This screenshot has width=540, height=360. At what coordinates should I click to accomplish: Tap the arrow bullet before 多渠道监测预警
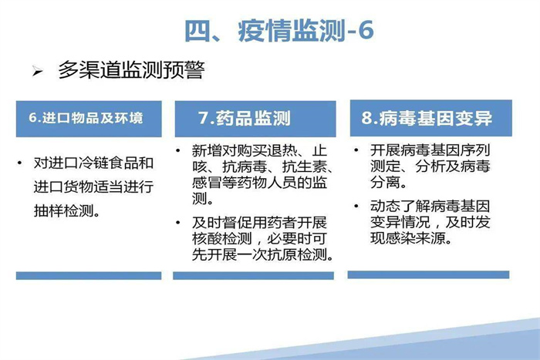(37, 72)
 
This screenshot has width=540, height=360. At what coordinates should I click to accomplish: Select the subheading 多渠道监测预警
(131, 70)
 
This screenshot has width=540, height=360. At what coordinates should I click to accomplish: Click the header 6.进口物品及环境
(86, 118)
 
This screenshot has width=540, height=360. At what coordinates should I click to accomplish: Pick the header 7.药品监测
(245, 118)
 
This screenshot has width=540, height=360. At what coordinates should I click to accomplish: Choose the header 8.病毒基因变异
(427, 118)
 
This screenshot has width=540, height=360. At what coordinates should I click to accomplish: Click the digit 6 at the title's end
(366, 31)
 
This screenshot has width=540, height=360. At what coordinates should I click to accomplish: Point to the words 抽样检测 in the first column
(63, 210)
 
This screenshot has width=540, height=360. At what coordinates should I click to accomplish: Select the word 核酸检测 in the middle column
(222, 238)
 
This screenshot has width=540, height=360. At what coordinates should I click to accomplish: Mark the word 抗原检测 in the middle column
(297, 254)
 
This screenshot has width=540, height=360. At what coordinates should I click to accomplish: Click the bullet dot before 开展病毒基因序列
(356, 150)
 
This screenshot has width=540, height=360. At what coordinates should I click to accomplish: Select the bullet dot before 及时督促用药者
(177, 223)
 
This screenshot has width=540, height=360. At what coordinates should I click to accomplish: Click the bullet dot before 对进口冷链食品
(19, 163)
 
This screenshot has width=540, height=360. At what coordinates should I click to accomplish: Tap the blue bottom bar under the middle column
(254, 276)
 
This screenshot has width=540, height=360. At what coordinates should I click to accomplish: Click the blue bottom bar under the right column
(428, 274)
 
